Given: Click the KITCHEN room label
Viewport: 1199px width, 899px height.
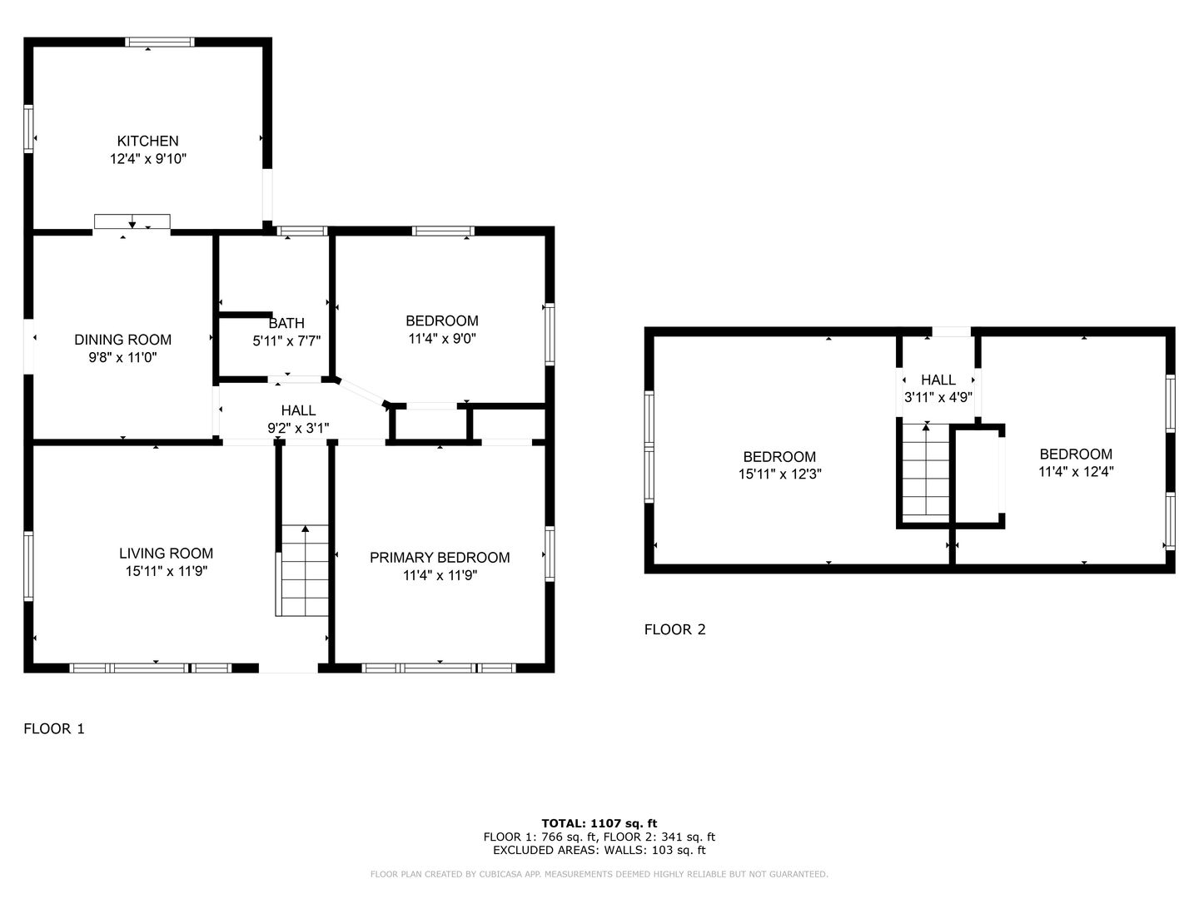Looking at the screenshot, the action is coord(147,141).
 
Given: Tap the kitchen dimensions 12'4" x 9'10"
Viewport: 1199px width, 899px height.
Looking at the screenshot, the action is coord(148,159).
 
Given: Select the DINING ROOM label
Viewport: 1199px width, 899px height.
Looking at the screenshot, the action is coord(123,340).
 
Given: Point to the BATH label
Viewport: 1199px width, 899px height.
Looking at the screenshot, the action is coord(286,323).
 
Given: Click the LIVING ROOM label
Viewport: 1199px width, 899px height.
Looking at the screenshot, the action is coord(166,553).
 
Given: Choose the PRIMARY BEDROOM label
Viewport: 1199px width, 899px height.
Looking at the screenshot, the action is coord(440,558).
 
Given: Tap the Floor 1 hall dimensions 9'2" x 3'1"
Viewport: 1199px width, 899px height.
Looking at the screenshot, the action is coord(298,428).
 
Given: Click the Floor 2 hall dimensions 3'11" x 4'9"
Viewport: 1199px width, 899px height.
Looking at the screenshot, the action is coord(938,397).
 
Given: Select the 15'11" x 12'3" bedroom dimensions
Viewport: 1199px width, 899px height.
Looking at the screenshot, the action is coord(779,474).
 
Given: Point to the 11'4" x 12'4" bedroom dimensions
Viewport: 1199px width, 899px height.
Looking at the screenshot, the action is coord(1076,472).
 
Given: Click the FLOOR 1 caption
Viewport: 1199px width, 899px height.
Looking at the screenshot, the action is coord(54,728).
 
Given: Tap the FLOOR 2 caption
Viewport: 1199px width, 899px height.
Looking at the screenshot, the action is coord(674,629).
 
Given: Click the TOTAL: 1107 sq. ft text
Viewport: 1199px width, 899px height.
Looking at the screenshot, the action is coord(599,823).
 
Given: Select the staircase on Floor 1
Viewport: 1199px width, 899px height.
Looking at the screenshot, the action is coord(302,570).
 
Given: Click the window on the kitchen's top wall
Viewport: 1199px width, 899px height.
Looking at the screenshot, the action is coord(160,42).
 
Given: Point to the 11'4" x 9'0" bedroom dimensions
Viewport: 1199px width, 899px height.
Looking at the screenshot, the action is coord(442,339).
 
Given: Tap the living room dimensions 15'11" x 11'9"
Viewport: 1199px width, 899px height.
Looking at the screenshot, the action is coord(166,571).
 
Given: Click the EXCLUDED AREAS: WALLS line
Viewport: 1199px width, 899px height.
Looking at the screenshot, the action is coord(599,850).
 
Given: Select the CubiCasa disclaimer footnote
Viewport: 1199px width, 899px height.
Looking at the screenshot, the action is coord(599,874).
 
